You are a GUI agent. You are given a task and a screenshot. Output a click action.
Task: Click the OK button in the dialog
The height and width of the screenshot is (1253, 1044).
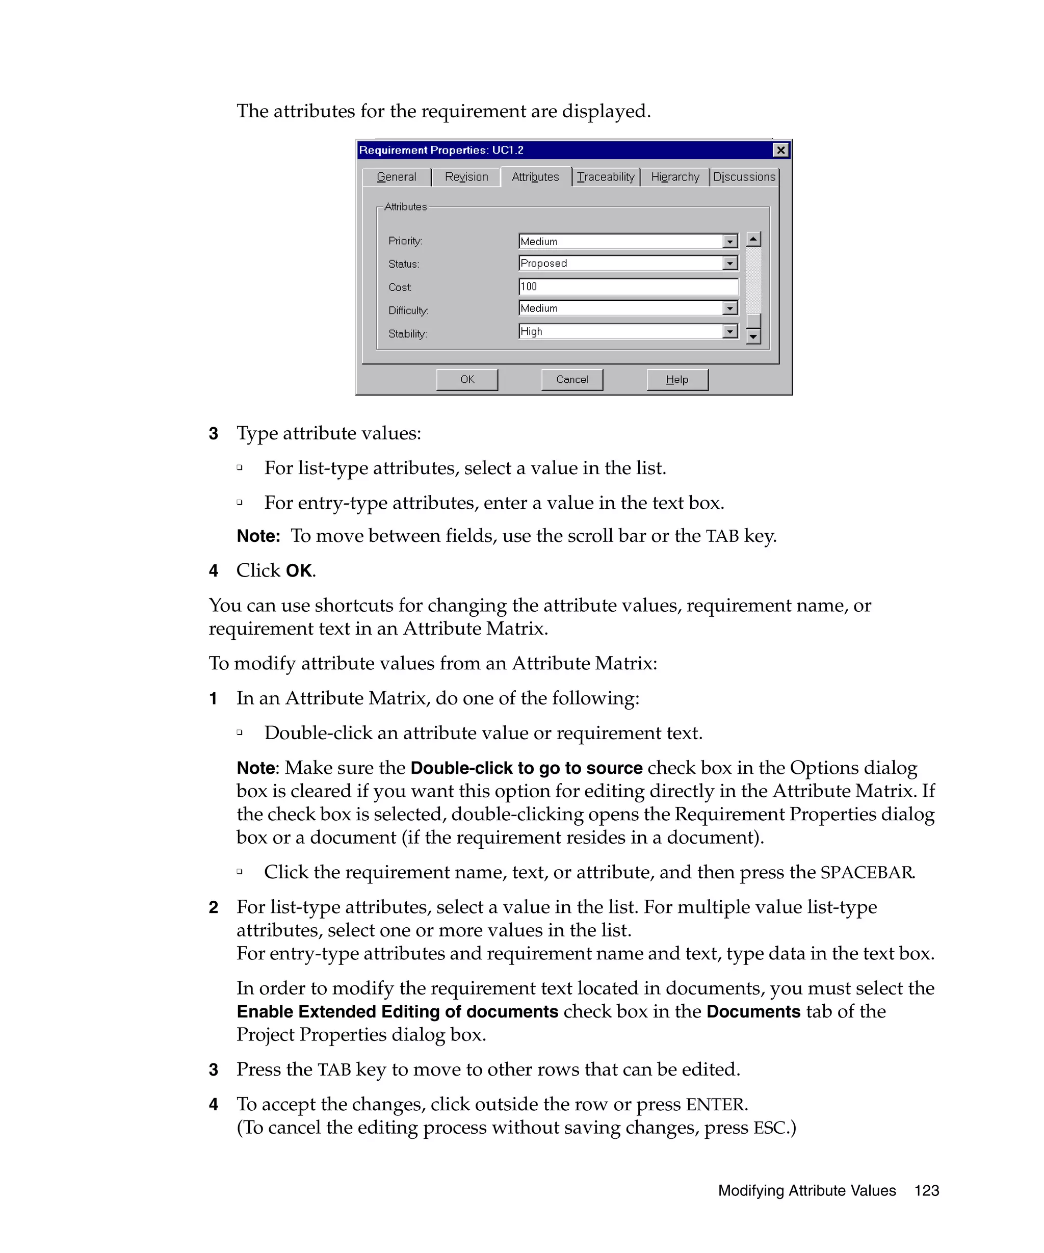(466, 379)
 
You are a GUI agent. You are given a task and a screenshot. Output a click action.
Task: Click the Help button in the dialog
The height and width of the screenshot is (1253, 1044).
(676, 379)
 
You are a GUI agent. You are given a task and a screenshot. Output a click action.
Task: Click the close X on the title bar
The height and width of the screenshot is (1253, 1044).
(780, 150)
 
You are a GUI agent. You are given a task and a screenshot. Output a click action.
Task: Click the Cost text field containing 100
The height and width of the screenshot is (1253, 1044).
(628, 286)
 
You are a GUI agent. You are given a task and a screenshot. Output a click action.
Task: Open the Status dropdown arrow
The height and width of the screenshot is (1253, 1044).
(729, 263)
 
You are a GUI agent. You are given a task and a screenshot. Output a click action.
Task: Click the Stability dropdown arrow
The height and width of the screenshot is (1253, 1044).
(729, 331)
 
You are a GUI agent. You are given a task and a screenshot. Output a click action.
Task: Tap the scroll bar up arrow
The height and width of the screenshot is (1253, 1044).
(753, 239)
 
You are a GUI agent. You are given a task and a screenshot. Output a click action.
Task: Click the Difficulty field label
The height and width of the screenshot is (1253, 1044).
(408, 310)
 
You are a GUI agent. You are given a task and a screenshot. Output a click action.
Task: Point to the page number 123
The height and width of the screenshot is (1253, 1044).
(926, 1190)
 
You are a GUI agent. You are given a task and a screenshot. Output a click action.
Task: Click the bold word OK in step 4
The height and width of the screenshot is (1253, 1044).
(299, 571)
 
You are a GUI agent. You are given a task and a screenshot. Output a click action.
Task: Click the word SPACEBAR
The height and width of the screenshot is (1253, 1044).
(866, 872)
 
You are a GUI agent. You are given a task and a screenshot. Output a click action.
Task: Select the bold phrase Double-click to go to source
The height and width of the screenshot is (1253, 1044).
(526, 768)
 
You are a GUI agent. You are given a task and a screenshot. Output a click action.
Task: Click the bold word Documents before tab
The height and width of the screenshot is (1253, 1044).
(753, 1012)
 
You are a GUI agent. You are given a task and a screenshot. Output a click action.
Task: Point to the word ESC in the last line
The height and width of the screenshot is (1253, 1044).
(769, 1128)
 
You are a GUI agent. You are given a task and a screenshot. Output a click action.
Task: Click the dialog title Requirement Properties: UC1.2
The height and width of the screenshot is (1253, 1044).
(441, 150)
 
